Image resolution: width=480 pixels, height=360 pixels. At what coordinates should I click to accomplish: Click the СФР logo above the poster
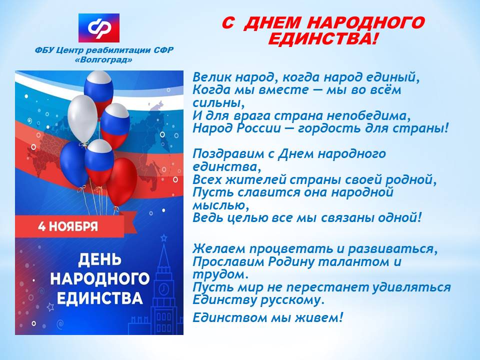point(99,28)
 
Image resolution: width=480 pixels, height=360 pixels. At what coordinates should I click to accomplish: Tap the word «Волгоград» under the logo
point(104,60)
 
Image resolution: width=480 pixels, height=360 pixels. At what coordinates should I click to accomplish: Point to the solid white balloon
point(82,118)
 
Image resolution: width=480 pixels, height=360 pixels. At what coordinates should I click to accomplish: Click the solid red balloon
point(121,182)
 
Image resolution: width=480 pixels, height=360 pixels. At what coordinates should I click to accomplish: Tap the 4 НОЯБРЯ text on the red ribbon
point(68,226)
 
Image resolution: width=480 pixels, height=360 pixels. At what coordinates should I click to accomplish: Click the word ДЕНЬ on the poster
point(99,259)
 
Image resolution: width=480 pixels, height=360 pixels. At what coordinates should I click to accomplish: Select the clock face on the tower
point(164,288)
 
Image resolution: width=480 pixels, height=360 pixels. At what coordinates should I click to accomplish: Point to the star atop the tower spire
point(164,237)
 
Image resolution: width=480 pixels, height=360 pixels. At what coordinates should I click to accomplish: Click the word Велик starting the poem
point(212,77)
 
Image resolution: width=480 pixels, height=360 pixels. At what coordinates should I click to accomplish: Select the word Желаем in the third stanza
point(218,248)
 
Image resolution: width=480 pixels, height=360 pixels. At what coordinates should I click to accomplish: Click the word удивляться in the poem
point(411,287)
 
